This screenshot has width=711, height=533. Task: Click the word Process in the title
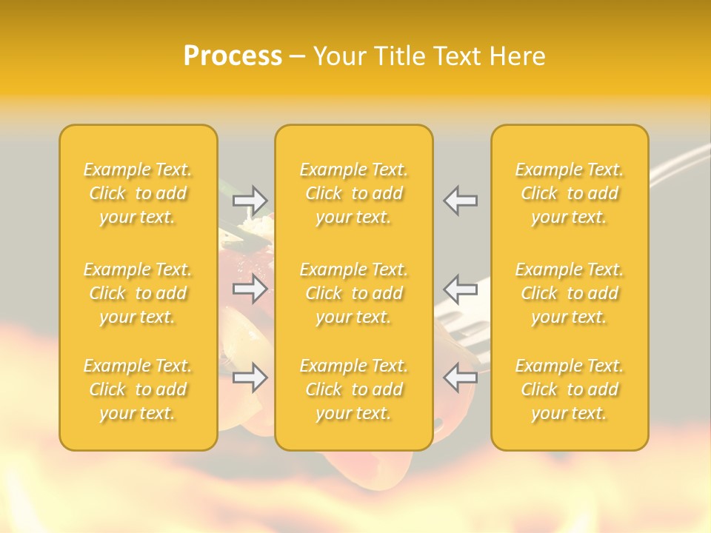point(233,56)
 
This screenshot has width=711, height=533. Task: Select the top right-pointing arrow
point(250,200)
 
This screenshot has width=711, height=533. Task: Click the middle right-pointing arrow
point(250,289)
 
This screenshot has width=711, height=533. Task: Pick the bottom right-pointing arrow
point(250,378)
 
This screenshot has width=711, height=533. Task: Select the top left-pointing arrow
point(460,200)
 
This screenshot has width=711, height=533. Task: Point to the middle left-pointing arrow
point(460,289)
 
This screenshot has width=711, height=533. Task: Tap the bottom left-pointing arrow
point(460,378)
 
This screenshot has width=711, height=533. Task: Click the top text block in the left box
point(138,193)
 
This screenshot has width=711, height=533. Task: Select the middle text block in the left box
point(138,293)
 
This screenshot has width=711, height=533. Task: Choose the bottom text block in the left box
point(138,389)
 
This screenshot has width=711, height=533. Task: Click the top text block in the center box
point(353,193)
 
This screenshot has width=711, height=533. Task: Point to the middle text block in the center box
point(353,293)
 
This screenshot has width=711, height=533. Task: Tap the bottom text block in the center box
point(353,389)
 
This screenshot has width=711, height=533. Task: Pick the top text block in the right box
point(569,193)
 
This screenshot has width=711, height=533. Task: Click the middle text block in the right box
point(569,293)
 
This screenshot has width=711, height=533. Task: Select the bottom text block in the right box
point(569,389)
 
